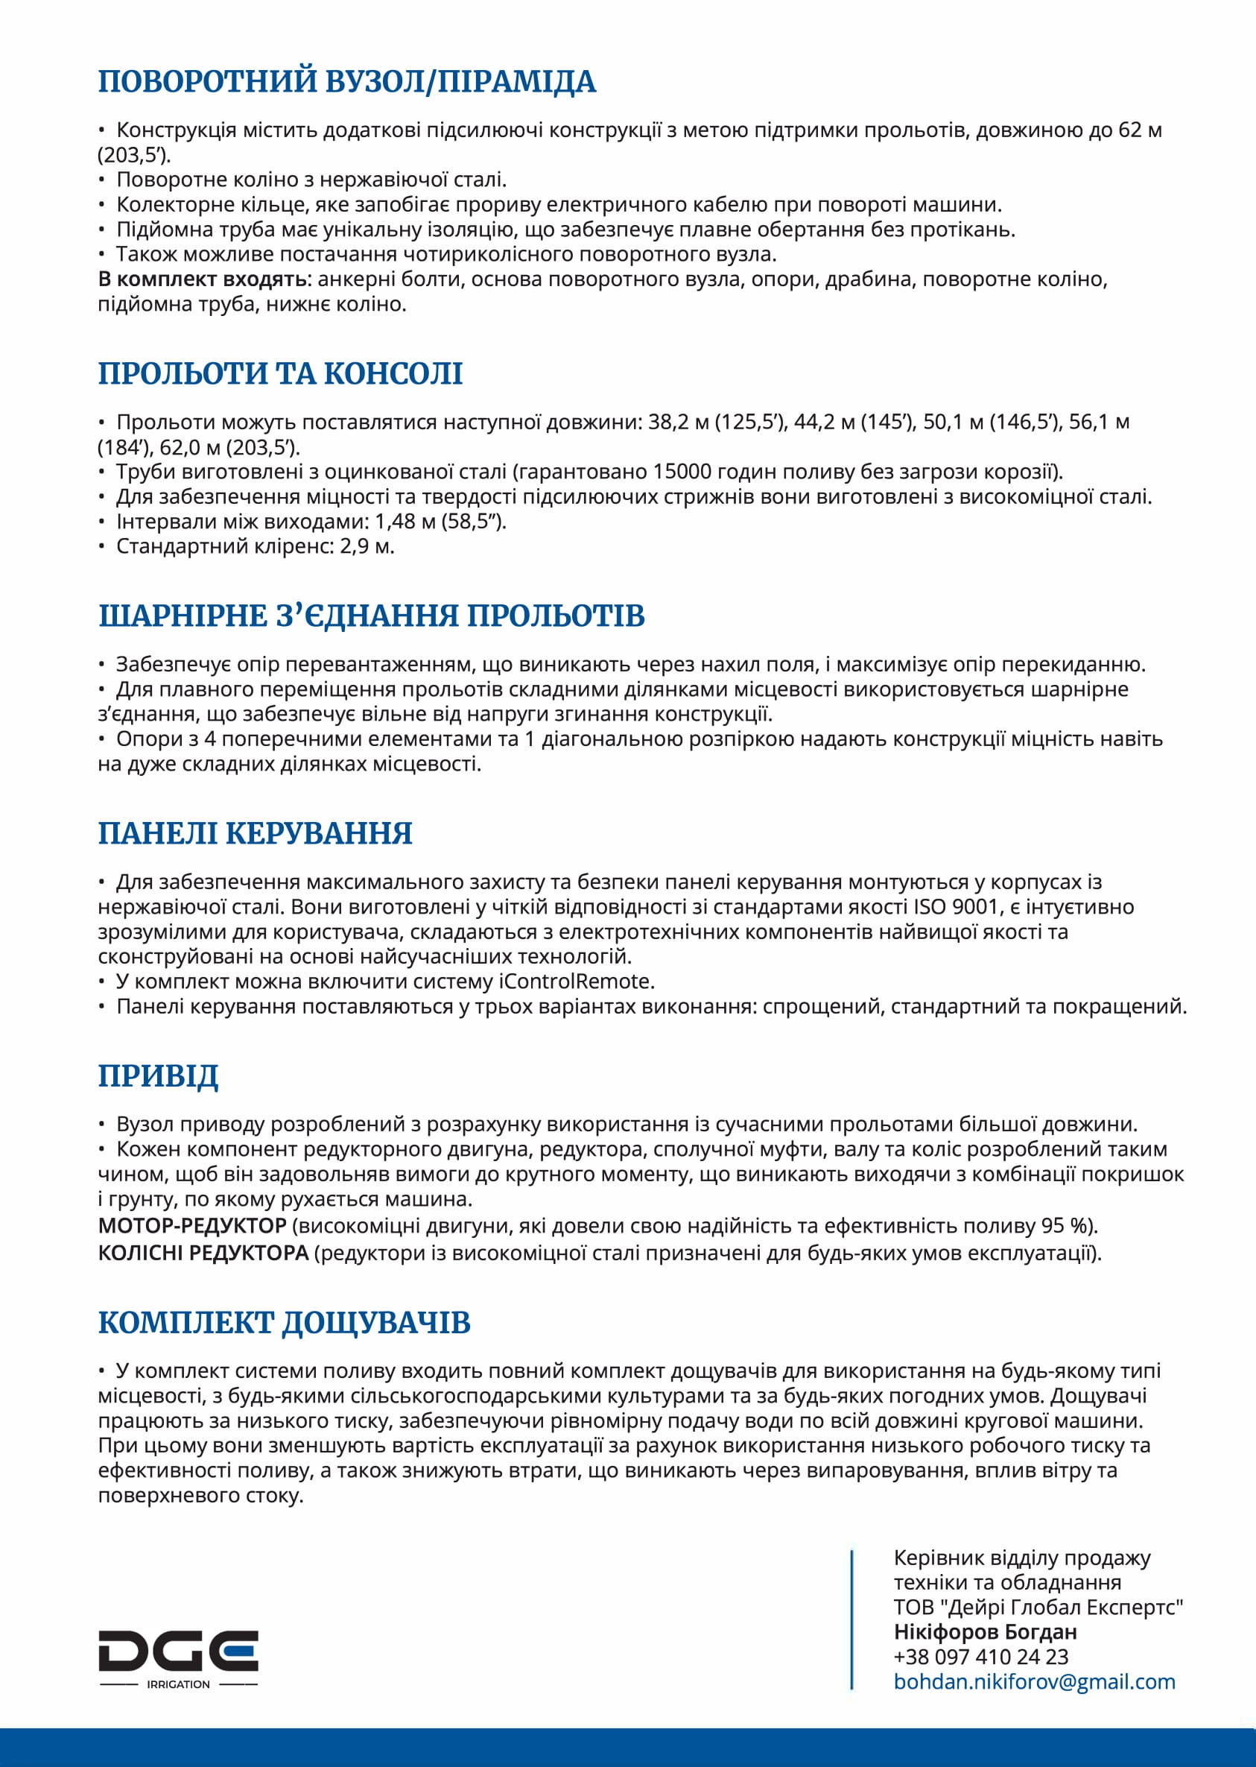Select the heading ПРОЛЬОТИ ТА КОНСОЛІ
point(280,373)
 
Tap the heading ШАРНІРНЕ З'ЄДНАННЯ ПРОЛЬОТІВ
point(371,616)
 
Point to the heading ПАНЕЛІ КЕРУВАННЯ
point(256,833)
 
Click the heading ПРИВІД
point(158,1075)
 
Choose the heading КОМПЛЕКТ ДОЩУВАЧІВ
point(284,1322)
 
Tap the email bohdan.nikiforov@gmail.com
point(1034,1681)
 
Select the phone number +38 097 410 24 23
point(980,1657)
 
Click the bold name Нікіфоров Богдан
point(986,1631)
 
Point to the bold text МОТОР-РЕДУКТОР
point(191,1225)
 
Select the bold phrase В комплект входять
point(202,279)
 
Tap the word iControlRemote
point(576,981)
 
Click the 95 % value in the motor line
point(1063,1225)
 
